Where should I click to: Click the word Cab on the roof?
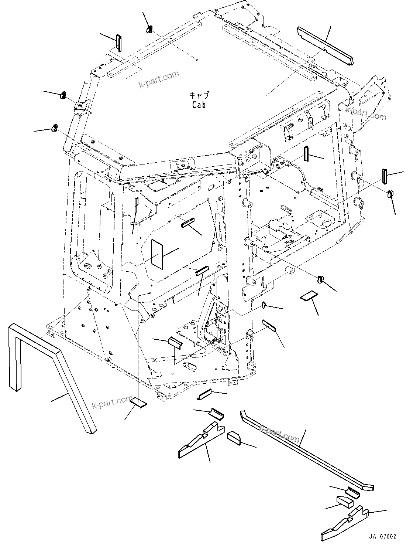pyautogui.click(x=199, y=105)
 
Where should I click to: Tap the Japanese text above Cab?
pyautogui.click(x=199, y=95)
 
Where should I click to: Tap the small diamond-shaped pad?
pyautogui.click(x=264, y=305)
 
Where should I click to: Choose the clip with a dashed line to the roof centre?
pyautogui.click(x=150, y=29)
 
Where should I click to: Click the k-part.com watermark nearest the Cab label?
pyautogui.click(x=158, y=79)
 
